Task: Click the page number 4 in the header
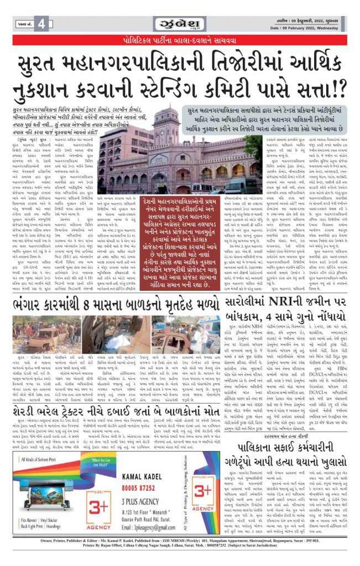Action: click(41, 23)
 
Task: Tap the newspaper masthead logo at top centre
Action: click(180, 24)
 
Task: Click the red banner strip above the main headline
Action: click(180, 40)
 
